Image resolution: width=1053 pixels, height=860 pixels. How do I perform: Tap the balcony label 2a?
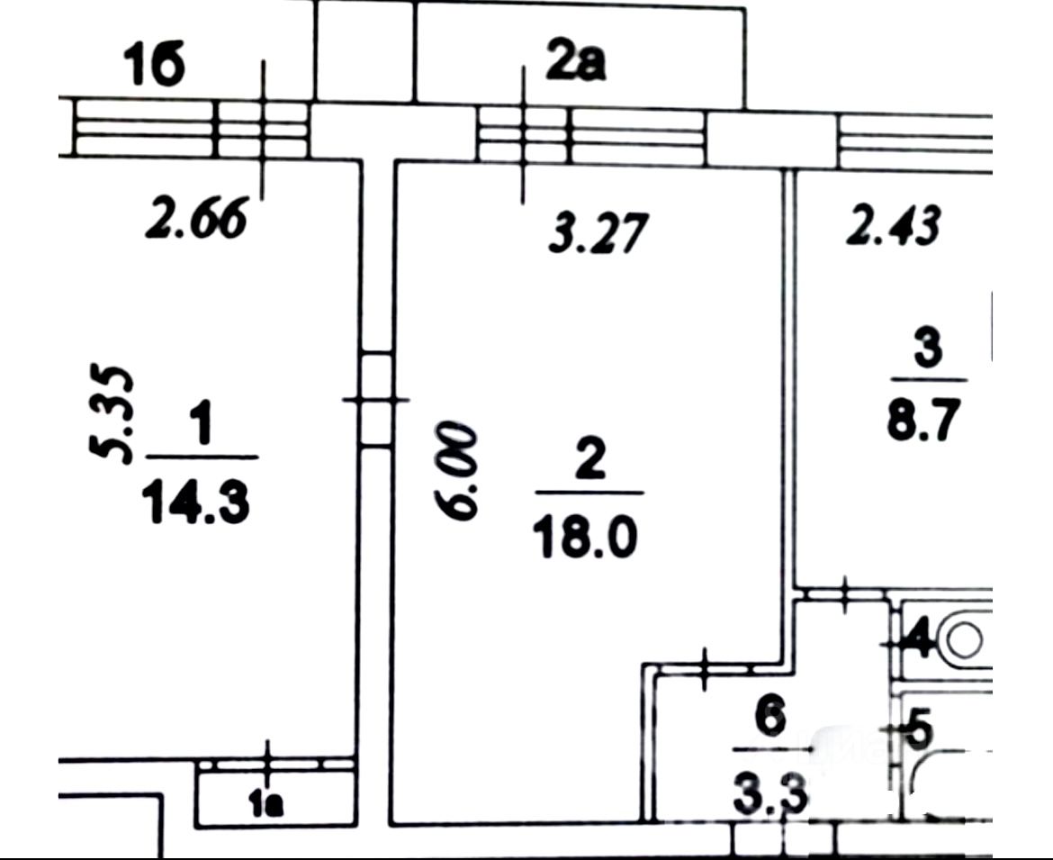coord(575,65)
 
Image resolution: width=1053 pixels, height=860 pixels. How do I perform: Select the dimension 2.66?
coord(196,220)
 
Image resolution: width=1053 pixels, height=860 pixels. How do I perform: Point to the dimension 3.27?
coord(598,233)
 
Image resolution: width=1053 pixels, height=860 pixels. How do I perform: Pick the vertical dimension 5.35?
coord(114,413)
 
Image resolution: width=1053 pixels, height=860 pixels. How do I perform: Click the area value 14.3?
coord(195,502)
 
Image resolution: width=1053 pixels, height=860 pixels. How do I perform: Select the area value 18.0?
coord(585,538)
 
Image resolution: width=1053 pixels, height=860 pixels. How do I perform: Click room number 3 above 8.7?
coord(926,349)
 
